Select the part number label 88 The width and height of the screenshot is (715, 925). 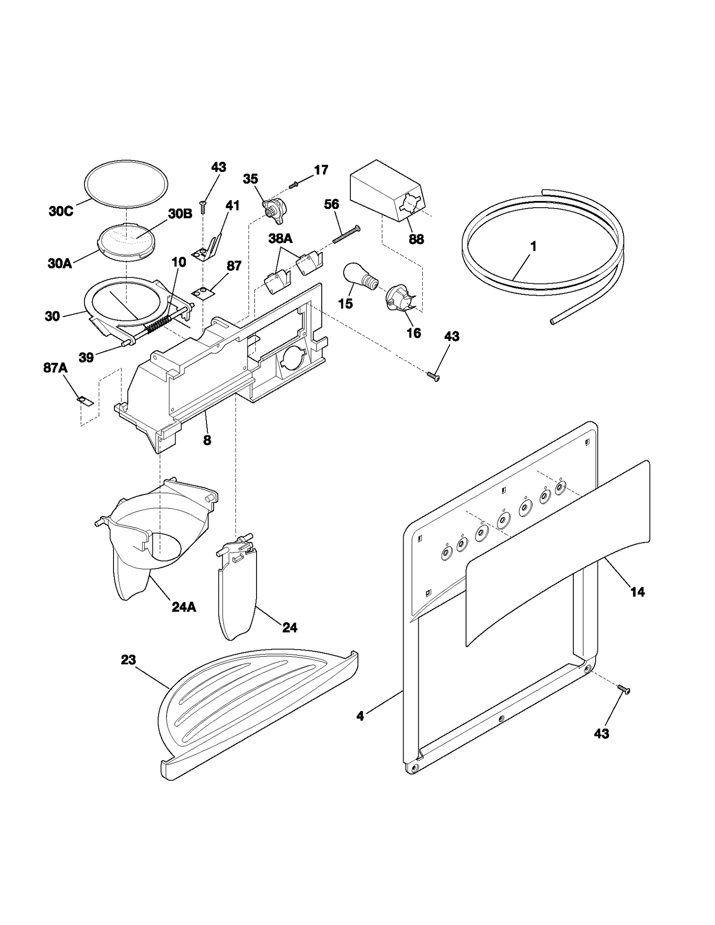(416, 239)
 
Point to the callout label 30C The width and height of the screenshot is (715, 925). (61, 211)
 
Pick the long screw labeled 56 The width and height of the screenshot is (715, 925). (346, 234)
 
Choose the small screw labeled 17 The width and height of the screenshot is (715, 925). (293, 184)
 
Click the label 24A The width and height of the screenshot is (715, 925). (184, 607)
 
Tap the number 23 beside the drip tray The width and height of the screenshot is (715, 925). (128, 660)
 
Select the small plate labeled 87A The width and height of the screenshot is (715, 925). (85, 400)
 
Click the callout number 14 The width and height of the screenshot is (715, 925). (637, 592)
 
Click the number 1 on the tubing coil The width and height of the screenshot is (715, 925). (533, 247)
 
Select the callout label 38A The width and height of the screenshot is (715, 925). (280, 239)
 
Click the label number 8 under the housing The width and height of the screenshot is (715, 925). (207, 440)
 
